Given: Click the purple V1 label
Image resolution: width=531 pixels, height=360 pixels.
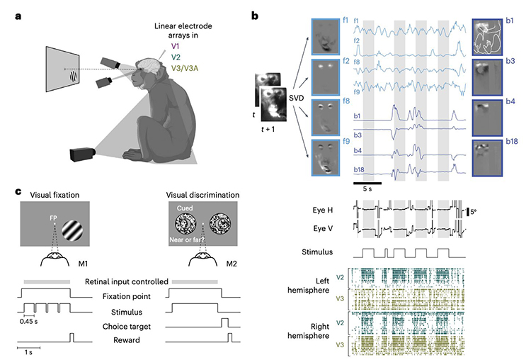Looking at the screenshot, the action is (x=175, y=47).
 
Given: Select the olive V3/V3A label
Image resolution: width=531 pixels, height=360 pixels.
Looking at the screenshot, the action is (x=185, y=69).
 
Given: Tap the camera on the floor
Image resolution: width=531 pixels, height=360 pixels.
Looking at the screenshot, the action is (x=83, y=154).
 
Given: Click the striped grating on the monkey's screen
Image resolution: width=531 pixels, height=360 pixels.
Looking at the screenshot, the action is (x=74, y=77).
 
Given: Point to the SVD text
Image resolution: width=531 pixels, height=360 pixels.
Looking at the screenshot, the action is (x=297, y=98).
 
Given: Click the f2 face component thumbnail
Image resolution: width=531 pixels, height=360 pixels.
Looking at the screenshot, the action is (x=326, y=77).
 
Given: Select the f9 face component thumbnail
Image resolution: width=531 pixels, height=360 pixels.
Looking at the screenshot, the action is (x=326, y=157).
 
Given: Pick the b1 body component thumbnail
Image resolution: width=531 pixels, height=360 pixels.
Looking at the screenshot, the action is (x=487, y=37).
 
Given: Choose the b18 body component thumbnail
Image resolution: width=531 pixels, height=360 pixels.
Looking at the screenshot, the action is (x=487, y=158).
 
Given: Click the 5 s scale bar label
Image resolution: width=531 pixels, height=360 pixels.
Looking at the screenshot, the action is (x=367, y=189).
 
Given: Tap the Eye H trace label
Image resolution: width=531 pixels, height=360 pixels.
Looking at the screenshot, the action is (x=323, y=210).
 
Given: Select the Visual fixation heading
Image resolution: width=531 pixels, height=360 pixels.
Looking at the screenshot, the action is (x=55, y=195).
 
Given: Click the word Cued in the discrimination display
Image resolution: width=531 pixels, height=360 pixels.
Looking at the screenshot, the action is (x=185, y=208).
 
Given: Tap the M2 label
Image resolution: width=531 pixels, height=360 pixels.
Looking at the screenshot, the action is (x=232, y=264).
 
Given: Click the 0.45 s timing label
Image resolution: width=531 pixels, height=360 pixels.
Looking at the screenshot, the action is (x=29, y=321).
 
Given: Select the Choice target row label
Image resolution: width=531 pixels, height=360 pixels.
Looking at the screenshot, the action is (x=127, y=327).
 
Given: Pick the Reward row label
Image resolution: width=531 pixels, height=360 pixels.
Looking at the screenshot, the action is (x=127, y=340).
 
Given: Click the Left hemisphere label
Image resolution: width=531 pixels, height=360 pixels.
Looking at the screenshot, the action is (x=309, y=286).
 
